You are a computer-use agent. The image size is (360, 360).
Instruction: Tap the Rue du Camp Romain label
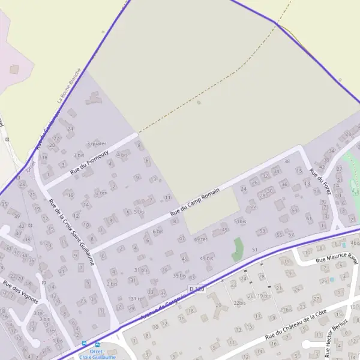coord(195,201)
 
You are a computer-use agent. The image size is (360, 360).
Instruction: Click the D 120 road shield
coord(197,289)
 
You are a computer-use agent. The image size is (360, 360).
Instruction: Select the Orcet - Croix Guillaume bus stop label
coord(97,354)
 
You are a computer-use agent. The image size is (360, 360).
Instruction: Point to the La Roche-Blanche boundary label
coord(68,91)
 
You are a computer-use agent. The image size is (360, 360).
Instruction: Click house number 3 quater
coord(96,143)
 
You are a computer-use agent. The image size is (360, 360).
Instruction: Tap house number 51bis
coord(241,221)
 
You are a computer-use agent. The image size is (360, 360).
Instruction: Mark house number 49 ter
coord(200,239)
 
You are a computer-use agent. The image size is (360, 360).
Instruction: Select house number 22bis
coord(240,303)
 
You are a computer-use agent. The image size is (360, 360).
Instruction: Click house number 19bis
coord(264,296)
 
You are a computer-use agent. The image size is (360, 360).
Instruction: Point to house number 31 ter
coord(137,299)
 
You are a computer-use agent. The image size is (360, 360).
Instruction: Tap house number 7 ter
coord(101,193)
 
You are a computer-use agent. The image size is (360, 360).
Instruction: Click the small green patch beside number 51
coord(238,249)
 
